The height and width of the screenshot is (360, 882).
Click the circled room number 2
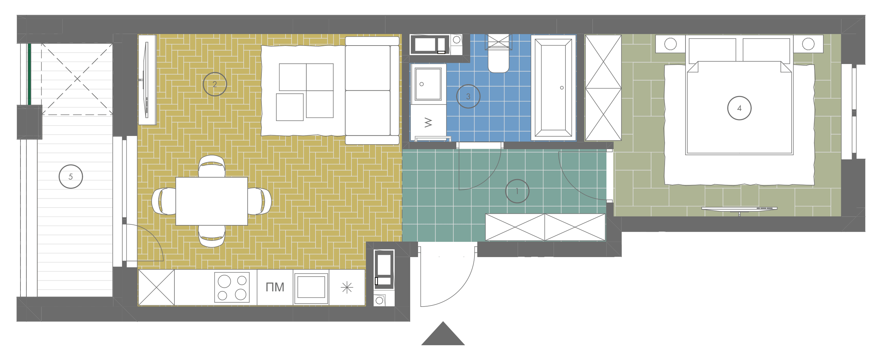coord(215,84)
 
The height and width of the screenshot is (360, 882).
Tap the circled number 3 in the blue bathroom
coord(468,97)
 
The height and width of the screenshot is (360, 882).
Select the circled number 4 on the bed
coord(739,108)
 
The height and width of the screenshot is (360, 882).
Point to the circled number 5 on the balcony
coord(71,177)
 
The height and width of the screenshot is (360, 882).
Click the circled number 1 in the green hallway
coord(517,191)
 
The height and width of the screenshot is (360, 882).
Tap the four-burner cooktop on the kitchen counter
coord(232,287)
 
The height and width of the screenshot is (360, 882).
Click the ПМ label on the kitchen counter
coord(275,287)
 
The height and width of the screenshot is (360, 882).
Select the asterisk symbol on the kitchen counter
coord(347,287)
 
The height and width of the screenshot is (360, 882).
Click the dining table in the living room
coord(212,201)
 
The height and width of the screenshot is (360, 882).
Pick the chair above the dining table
coord(212,166)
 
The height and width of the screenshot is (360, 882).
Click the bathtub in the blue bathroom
coord(553,88)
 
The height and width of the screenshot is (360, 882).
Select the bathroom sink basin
coord(428,84)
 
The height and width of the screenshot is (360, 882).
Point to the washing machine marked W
coord(428,122)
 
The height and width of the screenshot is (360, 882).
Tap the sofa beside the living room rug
coord(372,90)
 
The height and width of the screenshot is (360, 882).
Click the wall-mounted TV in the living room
coord(146,80)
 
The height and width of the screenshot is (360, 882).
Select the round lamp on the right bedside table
coord(808,44)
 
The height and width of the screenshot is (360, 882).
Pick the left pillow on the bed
coord(712,50)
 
